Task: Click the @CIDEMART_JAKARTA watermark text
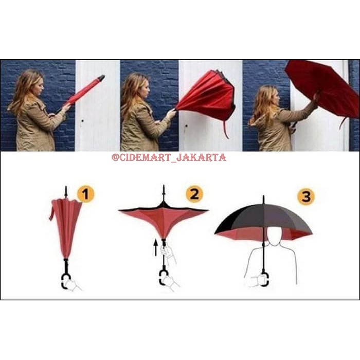pos(169,157)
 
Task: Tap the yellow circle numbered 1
pos(86,194)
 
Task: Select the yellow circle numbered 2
pos(194,194)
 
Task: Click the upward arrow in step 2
pos(155,249)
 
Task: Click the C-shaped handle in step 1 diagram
pos(66,281)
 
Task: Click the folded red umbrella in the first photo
pos(85,91)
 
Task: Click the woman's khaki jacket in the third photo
pos(273,131)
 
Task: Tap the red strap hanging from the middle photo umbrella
pos(225,129)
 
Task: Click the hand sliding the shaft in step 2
pos(166,251)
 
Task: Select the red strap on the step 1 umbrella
pos(52,212)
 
